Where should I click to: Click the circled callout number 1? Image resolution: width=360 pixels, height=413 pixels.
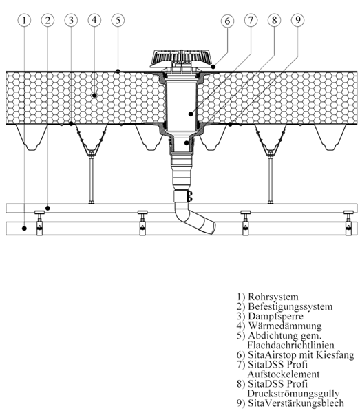[x=24, y=20]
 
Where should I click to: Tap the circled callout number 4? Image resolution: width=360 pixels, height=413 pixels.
[x=94, y=20]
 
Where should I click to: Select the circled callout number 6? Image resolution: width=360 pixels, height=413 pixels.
[x=227, y=21]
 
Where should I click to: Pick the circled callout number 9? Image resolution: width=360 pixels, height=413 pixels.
[x=297, y=20]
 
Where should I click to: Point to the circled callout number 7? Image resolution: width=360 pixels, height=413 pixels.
[x=251, y=20]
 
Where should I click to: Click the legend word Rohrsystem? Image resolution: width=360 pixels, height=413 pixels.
[x=273, y=297]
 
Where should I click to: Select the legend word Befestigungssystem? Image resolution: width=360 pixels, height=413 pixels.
[x=290, y=306]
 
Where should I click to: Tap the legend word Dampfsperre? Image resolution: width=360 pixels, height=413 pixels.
[x=275, y=316]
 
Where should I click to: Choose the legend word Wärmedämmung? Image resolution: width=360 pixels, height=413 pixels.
[x=285, y=326]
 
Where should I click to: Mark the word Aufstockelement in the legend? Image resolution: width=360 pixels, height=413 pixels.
[x=284, y=374]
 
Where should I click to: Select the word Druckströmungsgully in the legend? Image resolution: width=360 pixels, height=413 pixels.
[x=293, y=394]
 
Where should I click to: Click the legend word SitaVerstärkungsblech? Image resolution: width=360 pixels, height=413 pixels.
[x=296, y=403]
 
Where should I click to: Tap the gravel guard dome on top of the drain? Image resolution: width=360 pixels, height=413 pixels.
[x=182, y=58]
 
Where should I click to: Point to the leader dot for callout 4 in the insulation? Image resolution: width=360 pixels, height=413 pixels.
[x=94, y=95]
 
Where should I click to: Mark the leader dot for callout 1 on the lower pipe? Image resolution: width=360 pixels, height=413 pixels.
[x=24, y=229]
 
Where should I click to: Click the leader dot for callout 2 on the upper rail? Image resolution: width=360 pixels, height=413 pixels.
[x=47, y=208]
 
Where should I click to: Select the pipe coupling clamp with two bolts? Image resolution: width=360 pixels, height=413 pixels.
[x=183, y=196]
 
